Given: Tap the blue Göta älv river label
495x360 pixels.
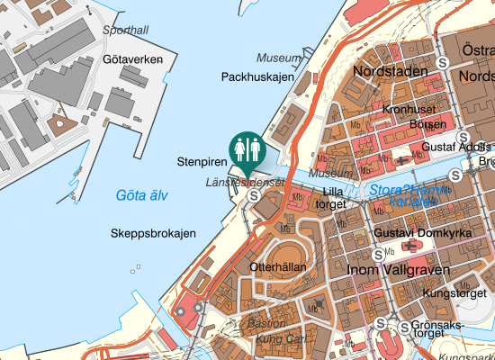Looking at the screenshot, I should click(x=142, y=195).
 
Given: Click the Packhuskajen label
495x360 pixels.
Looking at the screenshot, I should click(x=257, y=77).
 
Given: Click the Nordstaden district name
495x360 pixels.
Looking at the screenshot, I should click(x=389, y=70).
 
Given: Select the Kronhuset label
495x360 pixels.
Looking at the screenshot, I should click(x=409, y=110).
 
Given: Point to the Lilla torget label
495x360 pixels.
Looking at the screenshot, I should click(x=333, y=198).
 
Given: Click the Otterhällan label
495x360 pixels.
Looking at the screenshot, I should click(x=278, y=267).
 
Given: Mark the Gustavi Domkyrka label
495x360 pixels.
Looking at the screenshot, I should click(x=415, y=233).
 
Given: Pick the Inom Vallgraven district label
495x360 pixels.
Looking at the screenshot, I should click(x=393, y=268).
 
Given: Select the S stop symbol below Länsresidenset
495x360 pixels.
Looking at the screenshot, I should click(x=255, y=194).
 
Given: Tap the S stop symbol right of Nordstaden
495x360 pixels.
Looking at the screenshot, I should click(x=443, y=63).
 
